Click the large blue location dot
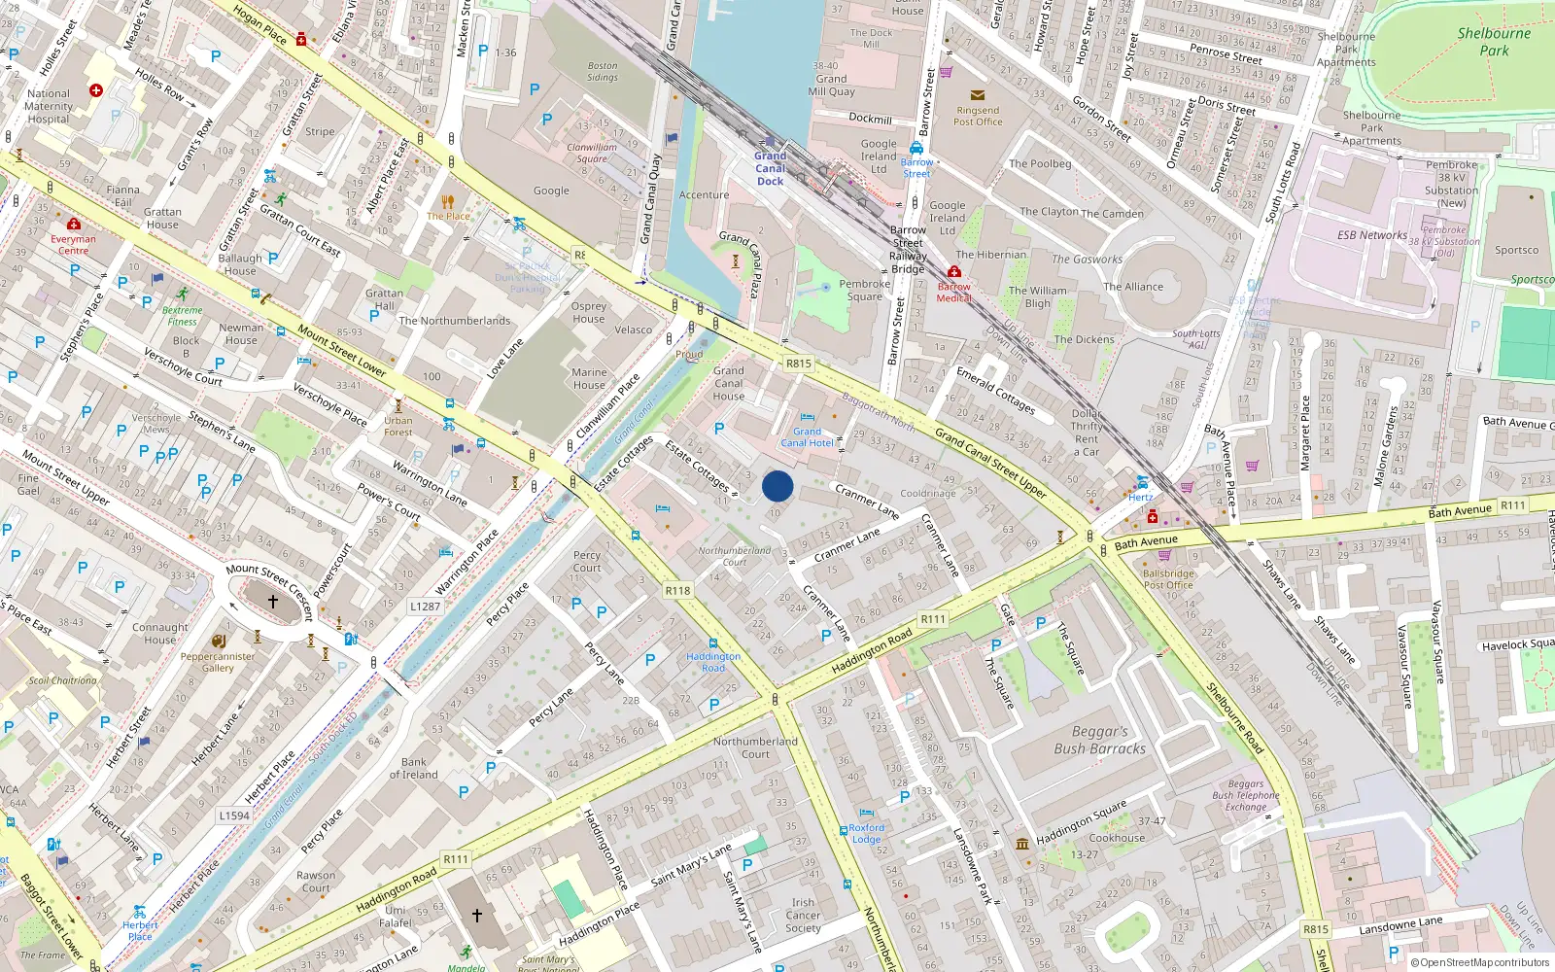(x=777, y=486)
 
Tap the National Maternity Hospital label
(x=49, y=107)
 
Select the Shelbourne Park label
(x=1494, y=41)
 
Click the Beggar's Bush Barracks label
(x=1100, y=740)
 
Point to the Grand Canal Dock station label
(x=771, y=168)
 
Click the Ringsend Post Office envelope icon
(x=978, y=95)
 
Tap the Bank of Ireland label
(x=413, y=769)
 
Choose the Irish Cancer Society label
(x=803, y=915)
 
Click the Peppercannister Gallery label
(x=218, y=662)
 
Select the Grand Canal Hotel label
(x=807, y=437)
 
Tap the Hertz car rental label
(x=1141, y=497)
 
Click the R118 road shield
(x=678, y=590)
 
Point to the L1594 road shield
(x=234, y=816)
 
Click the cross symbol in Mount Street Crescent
(x=272, y=602)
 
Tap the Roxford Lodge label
(x=866, y=834)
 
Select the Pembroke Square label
(x=864, y=291)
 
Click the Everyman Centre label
(x=73, y=244)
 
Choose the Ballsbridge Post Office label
(x=1168, y=579)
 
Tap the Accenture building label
(x=704, y=195)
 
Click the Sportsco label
(x=1516, y=250)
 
